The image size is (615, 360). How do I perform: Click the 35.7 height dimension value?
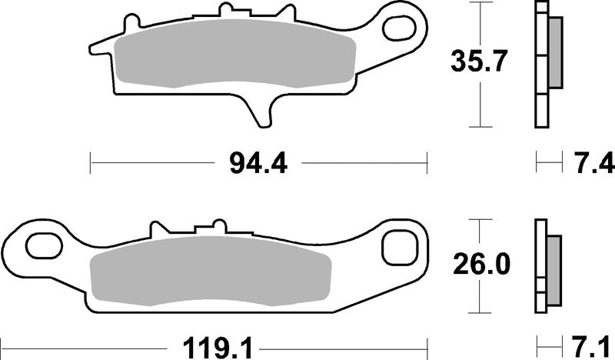(481, 62)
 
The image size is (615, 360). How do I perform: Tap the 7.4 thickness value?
(593, 163)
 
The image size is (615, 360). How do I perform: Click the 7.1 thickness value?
(593, 342)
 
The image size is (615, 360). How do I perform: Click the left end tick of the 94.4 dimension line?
(91, 163)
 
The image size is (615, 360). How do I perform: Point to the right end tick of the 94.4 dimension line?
(426, 163)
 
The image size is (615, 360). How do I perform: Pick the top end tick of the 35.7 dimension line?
(481, 3)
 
